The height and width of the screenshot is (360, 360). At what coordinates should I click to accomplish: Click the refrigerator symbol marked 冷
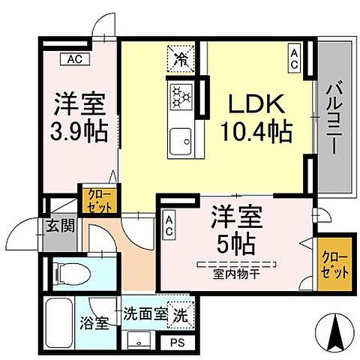(180, 58)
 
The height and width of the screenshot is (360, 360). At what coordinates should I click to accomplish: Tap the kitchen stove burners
(181, 95)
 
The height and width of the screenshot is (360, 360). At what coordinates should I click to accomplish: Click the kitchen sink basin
(180, 140)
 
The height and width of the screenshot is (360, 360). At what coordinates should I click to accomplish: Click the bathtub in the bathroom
(59, 322)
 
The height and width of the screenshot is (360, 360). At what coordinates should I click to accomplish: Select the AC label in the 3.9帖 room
(76, 58)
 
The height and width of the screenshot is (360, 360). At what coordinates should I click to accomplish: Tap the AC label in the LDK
(295, 58)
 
